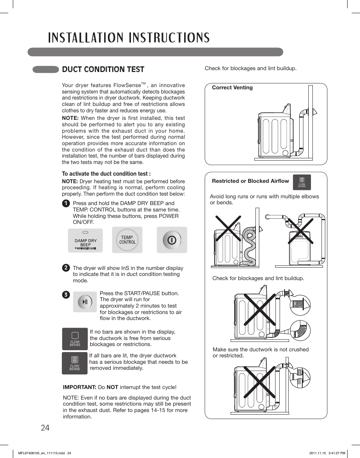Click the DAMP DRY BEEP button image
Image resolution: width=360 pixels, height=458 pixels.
click(x=85, y=240)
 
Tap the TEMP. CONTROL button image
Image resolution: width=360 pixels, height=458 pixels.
click(x=127, y=240)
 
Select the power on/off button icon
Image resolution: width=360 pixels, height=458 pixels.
click(x=172, y=240)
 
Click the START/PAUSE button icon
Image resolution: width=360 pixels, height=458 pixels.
click(x=85, y=302)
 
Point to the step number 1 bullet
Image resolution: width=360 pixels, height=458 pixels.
click(x=66, y=203)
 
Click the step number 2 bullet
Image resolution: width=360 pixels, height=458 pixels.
click(x=66, y=268)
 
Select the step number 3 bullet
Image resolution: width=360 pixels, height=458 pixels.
click(x=66, y=295)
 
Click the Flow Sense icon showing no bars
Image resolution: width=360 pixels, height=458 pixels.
click(x=75, y=339)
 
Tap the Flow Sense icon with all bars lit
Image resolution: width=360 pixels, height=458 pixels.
click(x=75, y=363)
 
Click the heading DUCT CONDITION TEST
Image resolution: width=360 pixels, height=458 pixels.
click(x=103, y=69)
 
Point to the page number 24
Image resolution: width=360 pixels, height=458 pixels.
click(x=45, y=428)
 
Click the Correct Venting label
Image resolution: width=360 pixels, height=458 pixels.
click(x=232, y=87)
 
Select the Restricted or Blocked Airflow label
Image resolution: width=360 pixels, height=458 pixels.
click(x=250, y=181)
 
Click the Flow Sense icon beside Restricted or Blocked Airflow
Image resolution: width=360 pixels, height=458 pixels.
click(x=302, y=182)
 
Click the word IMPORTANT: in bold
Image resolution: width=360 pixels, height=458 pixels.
click(x=80, y=387)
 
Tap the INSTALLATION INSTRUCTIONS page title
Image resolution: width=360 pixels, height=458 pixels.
click(x=129, y=38)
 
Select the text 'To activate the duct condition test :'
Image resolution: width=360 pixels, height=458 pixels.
click(x=106, y=174)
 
